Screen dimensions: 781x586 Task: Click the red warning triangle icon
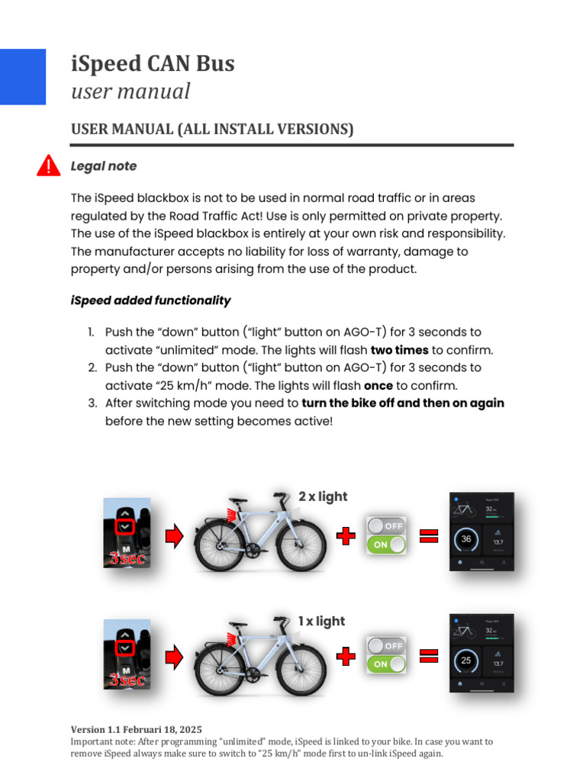[x=49, y=166]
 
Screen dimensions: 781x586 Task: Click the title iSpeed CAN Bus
[x=153, y=63]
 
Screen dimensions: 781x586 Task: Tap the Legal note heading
[x=104, y=166]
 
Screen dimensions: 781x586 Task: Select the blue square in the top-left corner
[x=22, y=76]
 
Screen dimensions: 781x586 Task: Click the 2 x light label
[x=323, y=497]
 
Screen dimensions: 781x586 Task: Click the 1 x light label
[x=322, y=621]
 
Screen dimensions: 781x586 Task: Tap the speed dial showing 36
[x=466, y=539]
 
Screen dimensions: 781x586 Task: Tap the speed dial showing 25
[x=466, y=660]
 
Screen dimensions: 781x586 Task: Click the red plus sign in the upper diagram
[x=346, y=536]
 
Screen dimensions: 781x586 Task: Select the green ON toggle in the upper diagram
[x=386, y=545]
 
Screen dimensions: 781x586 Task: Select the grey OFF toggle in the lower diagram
[x=386, y=645]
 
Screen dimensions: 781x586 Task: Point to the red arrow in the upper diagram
[x=175, y=537]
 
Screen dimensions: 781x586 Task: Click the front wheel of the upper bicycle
[x=300, y=547]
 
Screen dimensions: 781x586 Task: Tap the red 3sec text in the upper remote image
[x=127, y=558]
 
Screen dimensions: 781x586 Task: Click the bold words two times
[x=399, y=350]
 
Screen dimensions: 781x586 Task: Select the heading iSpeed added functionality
[x=150, y=301]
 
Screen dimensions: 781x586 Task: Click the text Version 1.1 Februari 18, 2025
[x=137, y=729]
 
